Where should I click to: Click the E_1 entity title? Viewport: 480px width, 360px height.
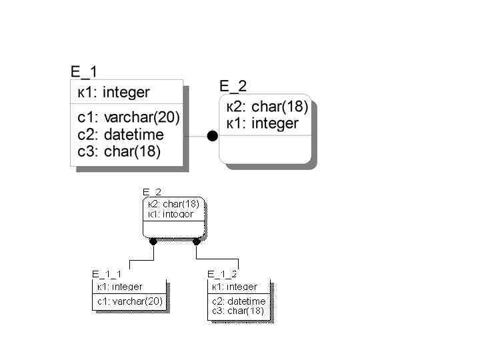tap(84, 72)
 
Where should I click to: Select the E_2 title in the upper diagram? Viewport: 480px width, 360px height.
tap(233, 86)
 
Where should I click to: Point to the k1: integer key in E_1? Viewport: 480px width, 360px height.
tap(113, 92)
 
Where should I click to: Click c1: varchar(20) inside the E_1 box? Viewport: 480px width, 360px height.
tap(129, 118)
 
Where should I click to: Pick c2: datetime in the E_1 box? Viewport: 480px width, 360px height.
tap(121, 135)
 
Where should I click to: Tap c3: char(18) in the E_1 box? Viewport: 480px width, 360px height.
tap(119, 151)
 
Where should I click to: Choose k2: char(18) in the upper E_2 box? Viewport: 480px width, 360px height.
tap(267, 107)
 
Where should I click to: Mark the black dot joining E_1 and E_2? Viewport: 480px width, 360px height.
tap(212, 136)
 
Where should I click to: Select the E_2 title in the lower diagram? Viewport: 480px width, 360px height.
tap(152, 193)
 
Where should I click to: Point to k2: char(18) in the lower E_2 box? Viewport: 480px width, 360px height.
tap(173, 204)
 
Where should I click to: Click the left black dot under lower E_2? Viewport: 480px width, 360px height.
tap(153, 241)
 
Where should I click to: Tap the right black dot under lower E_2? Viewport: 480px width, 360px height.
tap(196, 241)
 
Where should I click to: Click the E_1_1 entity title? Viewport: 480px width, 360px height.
tap(107, 274)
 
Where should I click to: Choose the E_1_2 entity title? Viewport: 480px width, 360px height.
tap(222, 274)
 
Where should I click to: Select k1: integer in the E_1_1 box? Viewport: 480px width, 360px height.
tap(119, 287)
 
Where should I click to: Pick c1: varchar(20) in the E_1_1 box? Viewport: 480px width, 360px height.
tap(130, 301)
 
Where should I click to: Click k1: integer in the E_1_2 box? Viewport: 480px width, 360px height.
tap(235, 287)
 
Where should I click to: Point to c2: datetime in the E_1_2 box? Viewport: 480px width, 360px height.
tap(239, 301)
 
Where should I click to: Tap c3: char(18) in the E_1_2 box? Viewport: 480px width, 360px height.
tap(238, 311)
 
